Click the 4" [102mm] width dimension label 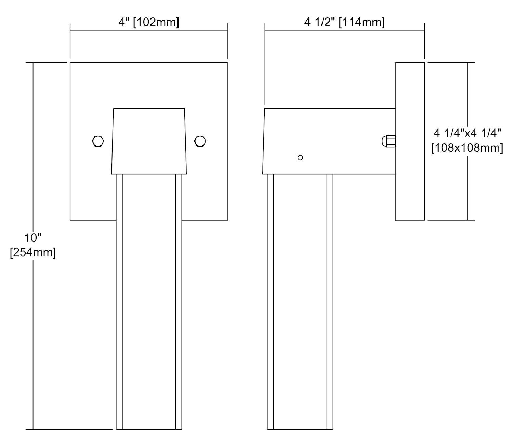(x=149, y=22)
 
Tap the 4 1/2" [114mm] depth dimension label (x=344, y=22)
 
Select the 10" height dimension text (x=33, y=238)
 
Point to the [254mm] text (x=33, y=252)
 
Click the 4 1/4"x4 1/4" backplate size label (x=467, y=133)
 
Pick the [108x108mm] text (x=467, y=148)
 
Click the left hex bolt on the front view (x=98, y=141)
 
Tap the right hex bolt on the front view (x=200, y=141)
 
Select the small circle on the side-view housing (x=300, y=158)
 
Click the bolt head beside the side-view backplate (x=389, y=141)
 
